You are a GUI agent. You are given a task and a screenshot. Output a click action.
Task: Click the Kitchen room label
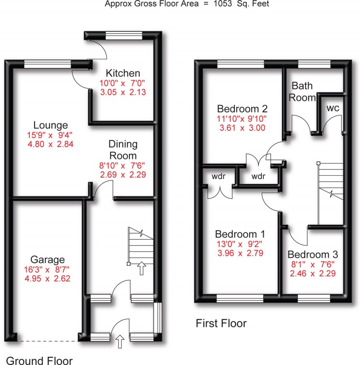click(x=123, y=73)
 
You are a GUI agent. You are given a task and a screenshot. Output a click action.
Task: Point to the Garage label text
click(x=48, y=259)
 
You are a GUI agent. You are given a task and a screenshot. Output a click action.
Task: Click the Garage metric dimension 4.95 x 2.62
click(x=48, y=278)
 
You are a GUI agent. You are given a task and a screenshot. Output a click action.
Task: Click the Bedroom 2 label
click(x=243, y=109)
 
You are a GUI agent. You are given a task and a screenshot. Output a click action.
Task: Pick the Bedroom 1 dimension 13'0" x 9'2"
click(x=240, y=244)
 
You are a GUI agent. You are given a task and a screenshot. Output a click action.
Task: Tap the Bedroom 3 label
click(x=312, y=254)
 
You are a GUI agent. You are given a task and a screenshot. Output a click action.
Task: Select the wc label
click(x=333, y=108)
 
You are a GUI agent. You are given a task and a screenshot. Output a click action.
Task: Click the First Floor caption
click(x=221, y=323)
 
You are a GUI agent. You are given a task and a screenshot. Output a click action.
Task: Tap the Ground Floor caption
click(x=40, y=360)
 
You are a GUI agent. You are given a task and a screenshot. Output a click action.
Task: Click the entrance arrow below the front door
click(x=120, y=343)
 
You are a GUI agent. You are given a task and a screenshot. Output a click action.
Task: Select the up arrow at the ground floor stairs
click(x=142, y=268)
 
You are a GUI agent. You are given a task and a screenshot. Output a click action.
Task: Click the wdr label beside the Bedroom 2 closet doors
click(x=258, y=175)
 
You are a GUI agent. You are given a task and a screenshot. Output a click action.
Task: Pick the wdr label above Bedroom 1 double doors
click(x=218, y=176)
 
